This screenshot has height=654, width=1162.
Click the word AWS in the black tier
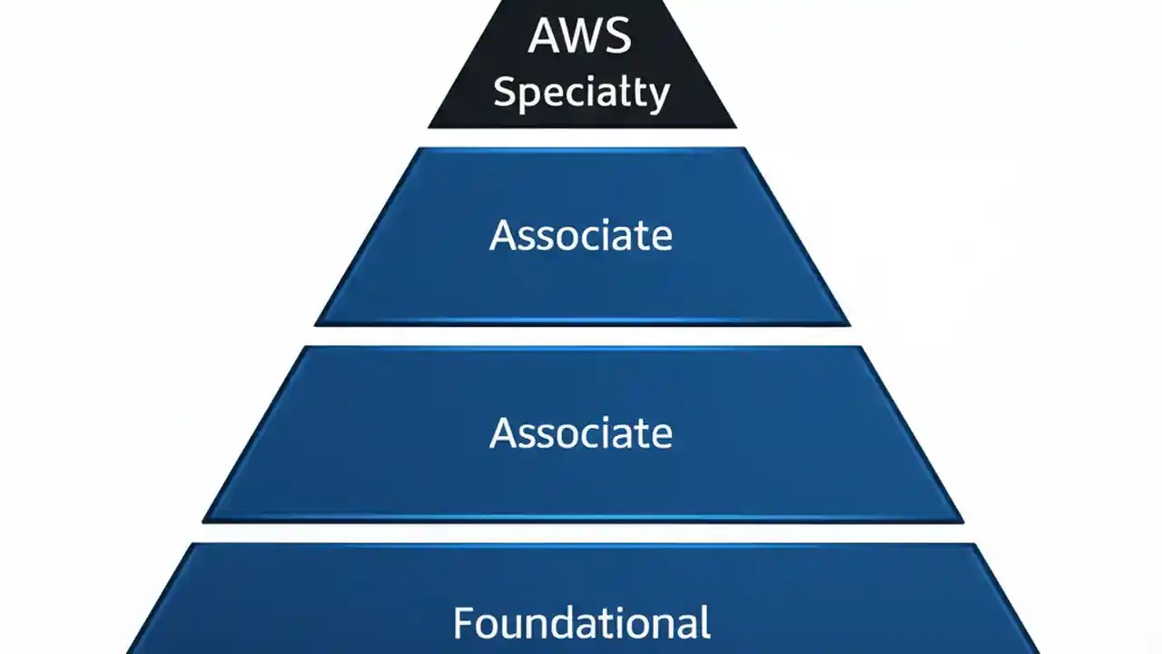click(581, 36)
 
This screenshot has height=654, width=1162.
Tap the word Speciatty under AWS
click(581, 93)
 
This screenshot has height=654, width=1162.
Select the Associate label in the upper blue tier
click(581, 235)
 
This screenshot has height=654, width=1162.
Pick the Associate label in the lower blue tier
click(581, 432)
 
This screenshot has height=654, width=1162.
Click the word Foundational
click(581, 623)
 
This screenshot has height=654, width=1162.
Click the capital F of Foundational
click(464, 623)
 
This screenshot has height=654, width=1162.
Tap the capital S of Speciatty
click(505, 91)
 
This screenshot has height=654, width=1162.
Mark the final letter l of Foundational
click(704, 622)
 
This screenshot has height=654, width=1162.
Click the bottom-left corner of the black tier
click(429, 126)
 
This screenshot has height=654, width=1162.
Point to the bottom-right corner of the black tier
click(735, 126)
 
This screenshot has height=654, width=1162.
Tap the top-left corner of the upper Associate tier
click(419, 149)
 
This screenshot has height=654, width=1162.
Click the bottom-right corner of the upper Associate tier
click(848, 323)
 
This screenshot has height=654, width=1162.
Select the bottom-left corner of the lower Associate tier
click(203, 521)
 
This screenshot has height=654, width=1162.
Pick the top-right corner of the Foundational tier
click(974, 545)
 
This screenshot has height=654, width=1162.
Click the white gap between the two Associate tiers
click(581, 335)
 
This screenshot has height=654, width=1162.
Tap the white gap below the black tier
click(581, 137)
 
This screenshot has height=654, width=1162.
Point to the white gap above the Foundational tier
click(581, 533)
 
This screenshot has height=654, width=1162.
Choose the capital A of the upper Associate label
click(504, 235)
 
